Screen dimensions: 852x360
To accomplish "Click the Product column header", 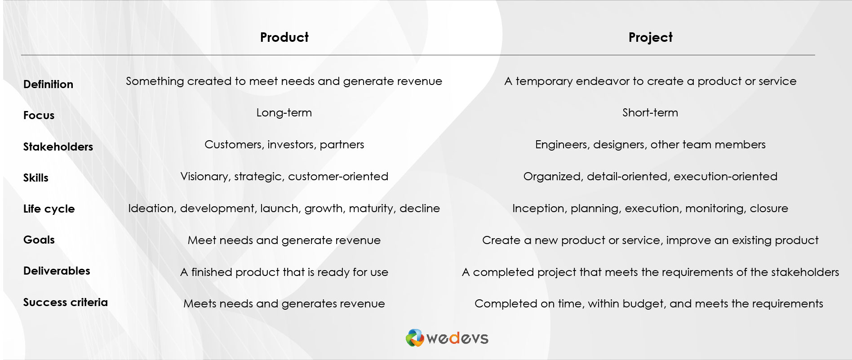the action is (284, 37).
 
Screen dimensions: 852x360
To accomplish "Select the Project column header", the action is (650, 38).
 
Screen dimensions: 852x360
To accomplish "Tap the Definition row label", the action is (48, 84).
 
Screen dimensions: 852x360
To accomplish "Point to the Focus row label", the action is (39, 115).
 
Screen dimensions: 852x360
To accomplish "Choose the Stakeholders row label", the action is (58, 147).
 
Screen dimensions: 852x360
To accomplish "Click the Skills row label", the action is (35, 178).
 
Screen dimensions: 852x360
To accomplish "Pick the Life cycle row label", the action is (49, 209).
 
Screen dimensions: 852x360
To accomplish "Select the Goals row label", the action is (39, 240).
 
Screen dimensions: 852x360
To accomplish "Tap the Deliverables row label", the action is (57, 271).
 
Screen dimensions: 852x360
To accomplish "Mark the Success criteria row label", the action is (65, 302).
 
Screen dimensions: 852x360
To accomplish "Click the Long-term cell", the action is (284, 112).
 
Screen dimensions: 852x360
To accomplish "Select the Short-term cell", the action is (650, 112).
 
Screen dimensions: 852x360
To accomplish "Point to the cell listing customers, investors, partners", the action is (284, 144).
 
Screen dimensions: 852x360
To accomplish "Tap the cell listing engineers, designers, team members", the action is (650, 144).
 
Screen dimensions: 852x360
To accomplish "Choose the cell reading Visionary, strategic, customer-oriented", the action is (284, 176).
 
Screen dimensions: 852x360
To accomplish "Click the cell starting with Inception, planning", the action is (650, 208).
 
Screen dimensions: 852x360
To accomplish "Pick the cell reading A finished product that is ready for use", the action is (284, 272).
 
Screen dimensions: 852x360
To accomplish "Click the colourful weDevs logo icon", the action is (415, 338).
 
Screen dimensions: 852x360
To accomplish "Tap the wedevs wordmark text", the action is (457, 338).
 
